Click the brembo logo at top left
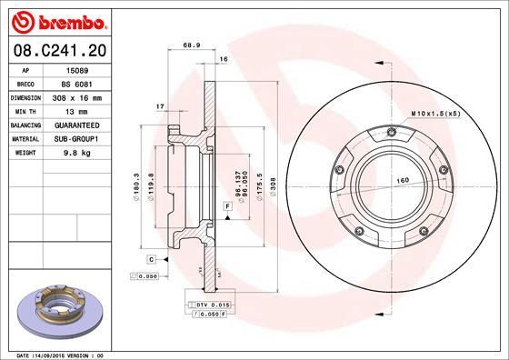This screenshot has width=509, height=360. point(55,21)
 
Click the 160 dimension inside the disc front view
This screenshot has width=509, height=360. point(399,179)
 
